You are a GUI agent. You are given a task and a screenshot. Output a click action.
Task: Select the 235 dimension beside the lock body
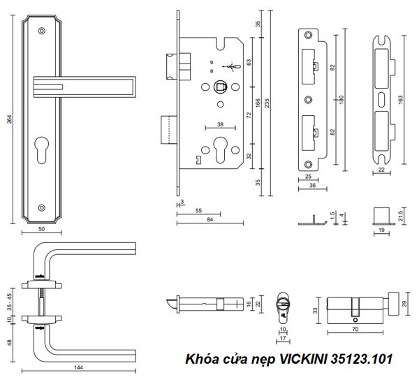[268, 105]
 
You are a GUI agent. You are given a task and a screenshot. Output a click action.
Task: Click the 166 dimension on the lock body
[258, 105]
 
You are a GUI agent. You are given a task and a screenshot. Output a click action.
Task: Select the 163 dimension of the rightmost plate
[399, 100]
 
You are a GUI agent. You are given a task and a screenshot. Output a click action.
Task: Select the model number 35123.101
[365, 360]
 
